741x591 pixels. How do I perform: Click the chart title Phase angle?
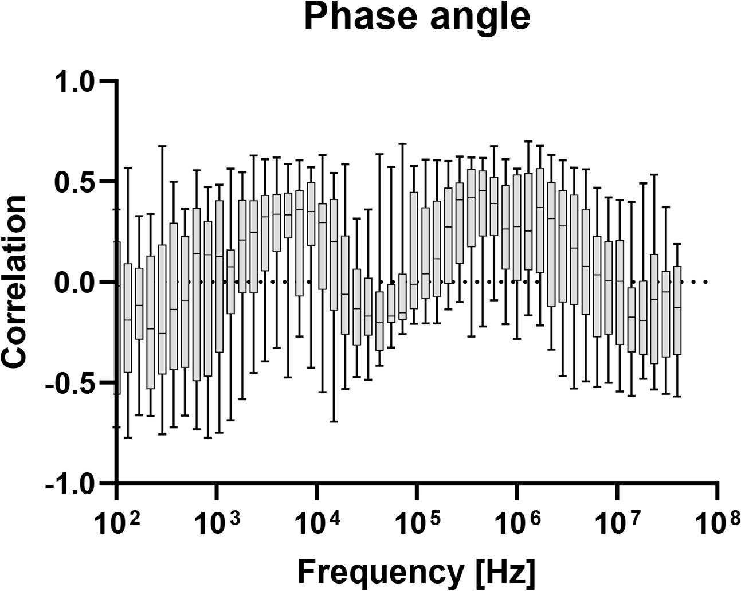(x=417, y=17)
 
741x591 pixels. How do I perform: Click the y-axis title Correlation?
(x=15, y=281)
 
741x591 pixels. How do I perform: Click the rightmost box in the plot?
(x=677, y=310)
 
